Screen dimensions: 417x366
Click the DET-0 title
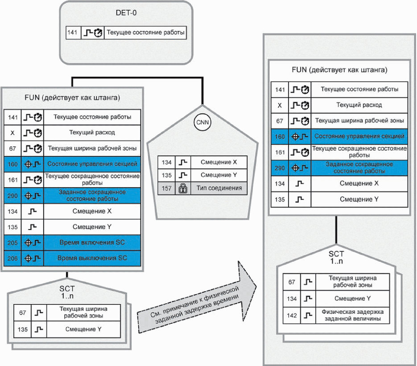coord(126,13)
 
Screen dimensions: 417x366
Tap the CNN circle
coord(202,122)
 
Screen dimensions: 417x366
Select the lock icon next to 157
coord(183,188)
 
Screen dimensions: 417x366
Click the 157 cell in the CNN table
coord(166,188)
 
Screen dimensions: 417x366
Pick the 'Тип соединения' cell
coord(219,188)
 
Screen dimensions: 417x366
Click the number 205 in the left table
coord(12,243)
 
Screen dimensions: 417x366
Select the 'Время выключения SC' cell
coord(92,258)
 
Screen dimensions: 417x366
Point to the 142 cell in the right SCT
coord(292,316)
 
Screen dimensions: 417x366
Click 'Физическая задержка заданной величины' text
coord(352,315)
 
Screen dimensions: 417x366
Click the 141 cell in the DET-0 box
coord(73,33)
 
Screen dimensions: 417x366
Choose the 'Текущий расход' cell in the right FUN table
coord(359,105)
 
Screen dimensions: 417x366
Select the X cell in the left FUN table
coord(12,133)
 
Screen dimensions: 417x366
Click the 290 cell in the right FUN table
coord(280,168)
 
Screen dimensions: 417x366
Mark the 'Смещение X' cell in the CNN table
coord(219,162)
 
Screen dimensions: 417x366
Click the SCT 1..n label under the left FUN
coord(67,292)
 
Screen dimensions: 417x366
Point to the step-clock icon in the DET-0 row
coord(93,33)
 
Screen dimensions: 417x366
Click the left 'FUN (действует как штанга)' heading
coord(72,98)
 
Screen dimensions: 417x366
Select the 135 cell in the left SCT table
coord(23,329)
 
